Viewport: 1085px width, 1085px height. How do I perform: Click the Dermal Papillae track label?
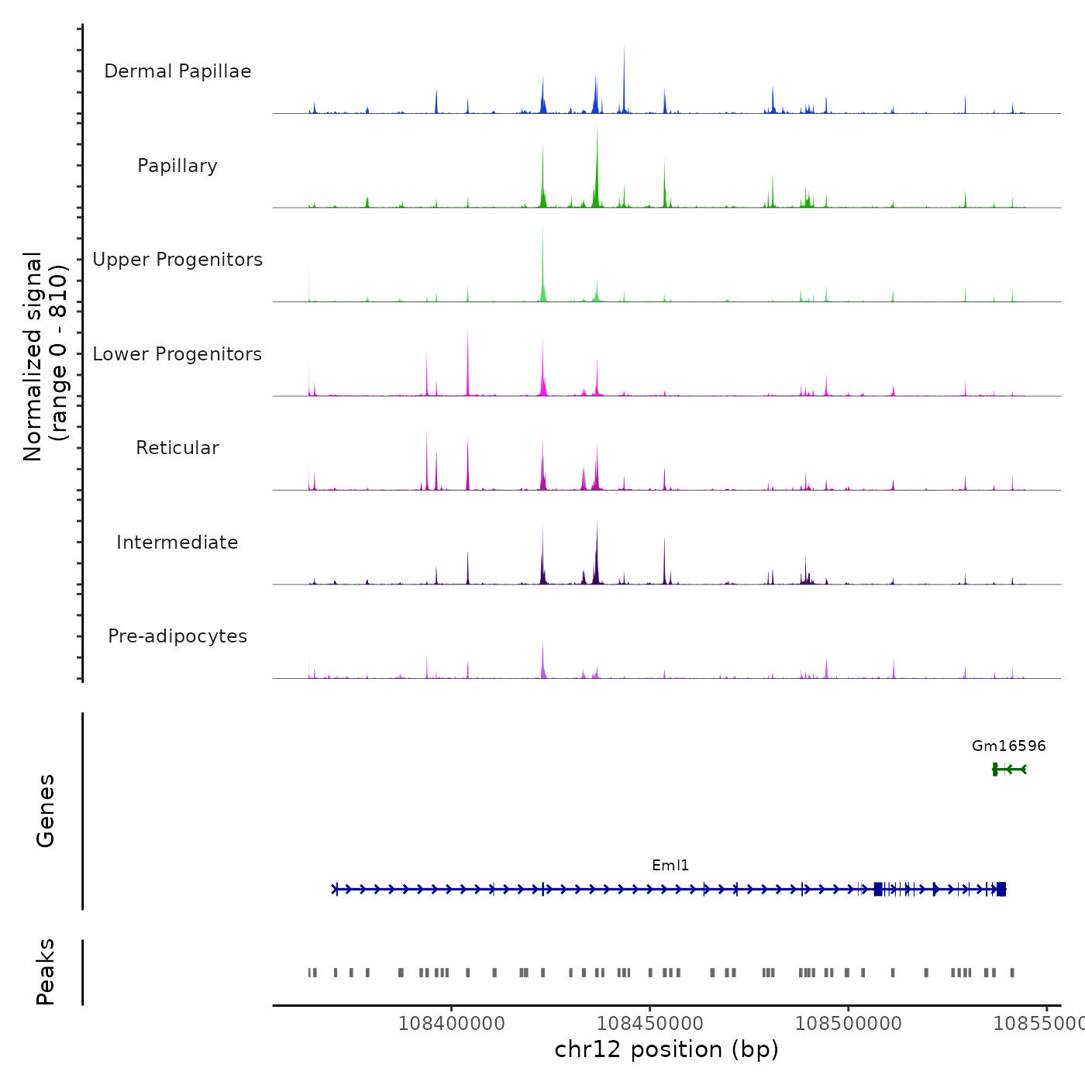tap(177, 71)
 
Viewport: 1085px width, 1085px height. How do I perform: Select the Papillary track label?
tap(177, 166)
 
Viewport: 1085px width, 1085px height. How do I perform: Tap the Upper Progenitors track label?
tap(177, 260)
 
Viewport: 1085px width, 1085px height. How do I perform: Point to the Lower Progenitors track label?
tap(177, 354)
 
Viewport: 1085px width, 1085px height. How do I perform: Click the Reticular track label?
tap(177, 448)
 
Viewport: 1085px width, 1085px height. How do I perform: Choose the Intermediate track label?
tap(177, 542)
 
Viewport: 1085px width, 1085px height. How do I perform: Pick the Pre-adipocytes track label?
tap(177, 636)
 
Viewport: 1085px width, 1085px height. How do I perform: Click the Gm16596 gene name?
tap(1008, 746)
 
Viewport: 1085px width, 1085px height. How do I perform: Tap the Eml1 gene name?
tap(670, 866)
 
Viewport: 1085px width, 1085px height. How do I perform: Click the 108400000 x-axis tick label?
tap(451, 1023)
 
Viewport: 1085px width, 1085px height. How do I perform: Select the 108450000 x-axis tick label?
tap(649, 1023)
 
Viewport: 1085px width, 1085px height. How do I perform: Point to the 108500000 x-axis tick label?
tap(848, 1023)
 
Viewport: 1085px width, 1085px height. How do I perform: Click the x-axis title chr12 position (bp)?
tap(666, 1049)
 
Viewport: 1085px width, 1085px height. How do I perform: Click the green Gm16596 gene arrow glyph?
tap(1009, 769)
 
